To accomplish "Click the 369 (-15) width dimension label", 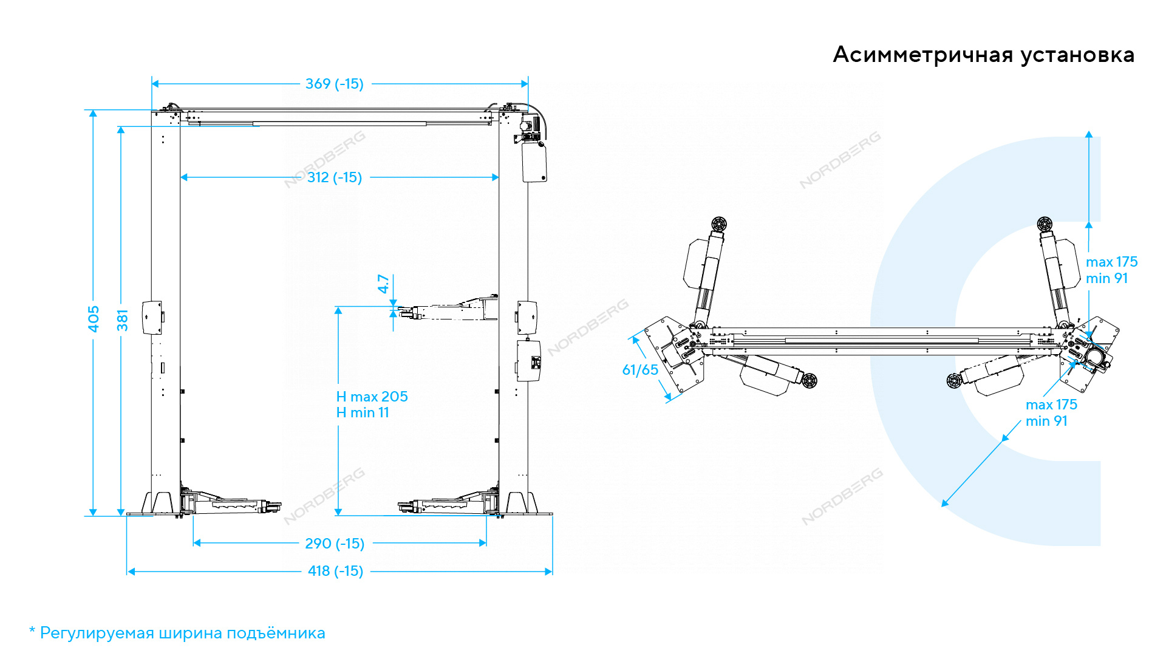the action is click(x=334, y=84).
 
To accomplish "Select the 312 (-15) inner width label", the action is click(x=335, y=177).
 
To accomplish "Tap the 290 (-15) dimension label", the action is click(x=335, y=544).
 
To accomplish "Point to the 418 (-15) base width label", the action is click(x=335, y=571).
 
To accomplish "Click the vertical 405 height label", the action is click(x=94, y=319).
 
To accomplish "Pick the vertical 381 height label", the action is click(x=123, y=321).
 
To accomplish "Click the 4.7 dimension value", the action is click(x=383, y=284).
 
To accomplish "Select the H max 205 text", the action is click(x=372, y=397).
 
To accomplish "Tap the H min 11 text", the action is click(x=363, y=412).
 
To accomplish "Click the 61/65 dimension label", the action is click(x=640, y=370).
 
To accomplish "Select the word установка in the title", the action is click(x=1077, y=55).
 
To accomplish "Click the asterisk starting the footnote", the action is click(x=32, y=630).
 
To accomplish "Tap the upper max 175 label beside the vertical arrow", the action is click(x=1111, y=262).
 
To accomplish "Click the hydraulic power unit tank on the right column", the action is click(x=534, y=162).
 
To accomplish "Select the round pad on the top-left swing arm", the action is click(x=719, y=224).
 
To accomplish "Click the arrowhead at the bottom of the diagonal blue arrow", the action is click(x=945, y=502).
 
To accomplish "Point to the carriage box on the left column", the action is click(x=152, y=317).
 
